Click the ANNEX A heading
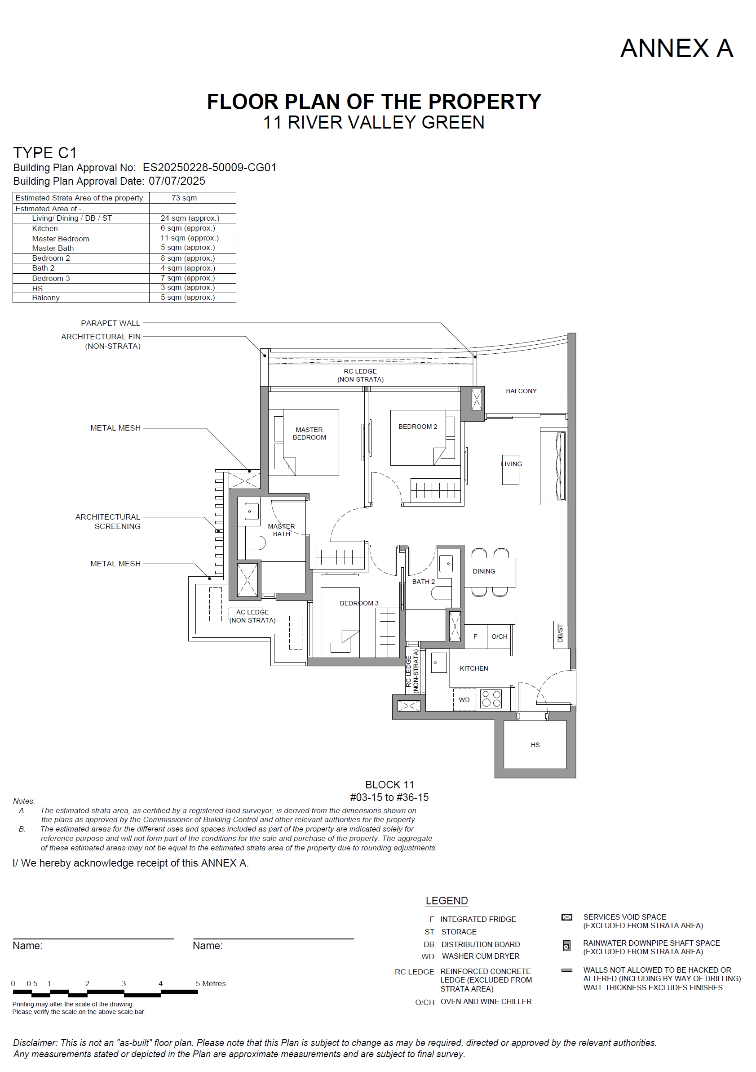(676, 48)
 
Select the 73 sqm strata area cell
(184, 198)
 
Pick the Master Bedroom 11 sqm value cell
(190, 238)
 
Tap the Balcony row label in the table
(46, 298)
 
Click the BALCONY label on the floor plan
(521, 391)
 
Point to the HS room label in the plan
(535, 745)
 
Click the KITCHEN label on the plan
(473, 669)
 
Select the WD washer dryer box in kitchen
(464, 700)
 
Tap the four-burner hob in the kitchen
(491, 699)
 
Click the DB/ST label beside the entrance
(560, 634)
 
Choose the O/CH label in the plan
(499, 636)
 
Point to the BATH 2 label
(423, 582)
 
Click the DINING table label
(484, 571)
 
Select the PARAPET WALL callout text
(110, 323)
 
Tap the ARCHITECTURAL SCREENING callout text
(108, 521)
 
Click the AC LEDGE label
(252, 612)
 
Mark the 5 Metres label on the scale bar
(211, 983)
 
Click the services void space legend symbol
(566, 917)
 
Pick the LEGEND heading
(447, 901)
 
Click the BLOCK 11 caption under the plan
(389, 785)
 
